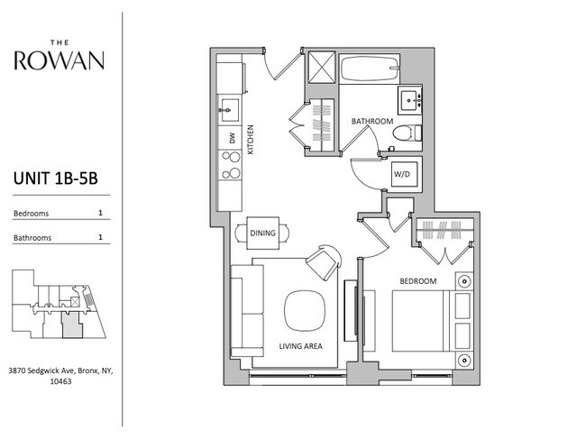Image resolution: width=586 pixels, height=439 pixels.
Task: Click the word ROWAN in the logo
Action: pos(60,61)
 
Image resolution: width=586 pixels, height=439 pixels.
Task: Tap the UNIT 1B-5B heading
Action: pos(55,179)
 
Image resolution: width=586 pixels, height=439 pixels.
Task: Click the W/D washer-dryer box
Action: pos(402,174)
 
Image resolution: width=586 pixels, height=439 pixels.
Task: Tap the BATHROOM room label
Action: pos(371,121)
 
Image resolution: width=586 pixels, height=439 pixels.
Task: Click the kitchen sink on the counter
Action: pos(227,112)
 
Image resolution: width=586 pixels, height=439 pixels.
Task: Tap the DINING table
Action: pos(262,233)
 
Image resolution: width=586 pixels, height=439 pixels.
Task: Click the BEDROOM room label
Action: pos(417,282)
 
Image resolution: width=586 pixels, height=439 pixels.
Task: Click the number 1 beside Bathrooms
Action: pos(99,238)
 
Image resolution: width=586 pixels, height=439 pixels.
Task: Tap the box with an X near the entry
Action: pos(320,69)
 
